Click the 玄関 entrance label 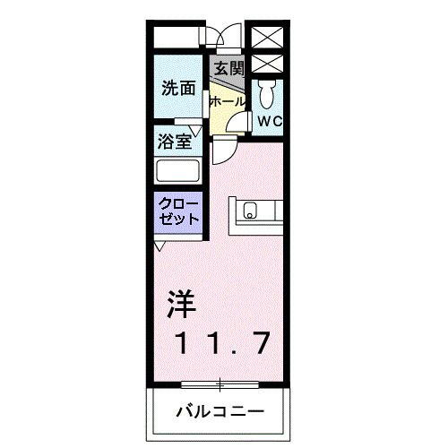coord(229,69)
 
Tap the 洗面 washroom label coord(178,88)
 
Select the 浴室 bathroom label coord(175,142)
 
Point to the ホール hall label coord(228,102)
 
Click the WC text coord(270,121)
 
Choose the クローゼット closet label coord(178,211)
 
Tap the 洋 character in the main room coord(182,304)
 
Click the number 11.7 coord(223,343)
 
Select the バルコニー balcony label coord(220,412)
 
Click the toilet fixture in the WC coord(267,93)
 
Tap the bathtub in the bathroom coord(178,171)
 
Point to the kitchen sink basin coord(250,211)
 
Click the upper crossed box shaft coord(267,37)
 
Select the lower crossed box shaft coord(267,64)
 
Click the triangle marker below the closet coord(159,246)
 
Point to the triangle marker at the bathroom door coord(196,131)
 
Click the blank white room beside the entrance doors coord(177,37)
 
